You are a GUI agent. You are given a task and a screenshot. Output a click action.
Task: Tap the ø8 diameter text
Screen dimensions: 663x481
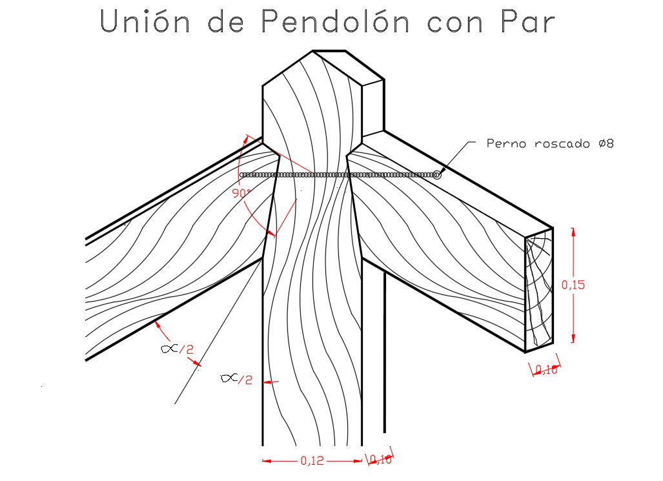pyautogui.click(x=606, y=143)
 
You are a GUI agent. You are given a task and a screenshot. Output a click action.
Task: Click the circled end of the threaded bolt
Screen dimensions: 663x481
pyautogui.click(x=437, y=174)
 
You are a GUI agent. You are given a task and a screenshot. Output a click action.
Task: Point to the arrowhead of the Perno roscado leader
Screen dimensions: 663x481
pyautogui.click(x=442, y=170)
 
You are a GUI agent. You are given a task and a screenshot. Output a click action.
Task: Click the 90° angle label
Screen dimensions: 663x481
pyautogui.click(x=241, y=193)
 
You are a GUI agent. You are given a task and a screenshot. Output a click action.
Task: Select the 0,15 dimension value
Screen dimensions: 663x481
pyautogui.click(x=573, y=284)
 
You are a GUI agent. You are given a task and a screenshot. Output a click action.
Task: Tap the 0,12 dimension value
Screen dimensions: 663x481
pyautogui.click(x=313, y=461)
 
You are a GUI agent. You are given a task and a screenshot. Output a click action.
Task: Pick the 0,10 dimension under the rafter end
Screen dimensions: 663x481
pyautogui.click(x=546, y=369)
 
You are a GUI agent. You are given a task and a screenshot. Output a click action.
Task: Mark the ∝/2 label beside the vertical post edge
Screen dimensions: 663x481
pyautogui.click(x=236, y=378)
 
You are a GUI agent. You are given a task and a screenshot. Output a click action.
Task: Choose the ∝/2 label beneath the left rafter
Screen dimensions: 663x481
pyautogui.click(x=177, y=349)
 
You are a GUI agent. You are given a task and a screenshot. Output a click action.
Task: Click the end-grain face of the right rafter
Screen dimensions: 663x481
pyautogui.click(x=538, y=291)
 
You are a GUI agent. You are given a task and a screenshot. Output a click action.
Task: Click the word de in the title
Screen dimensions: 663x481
pyautogui.click(x=224, y=23)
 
